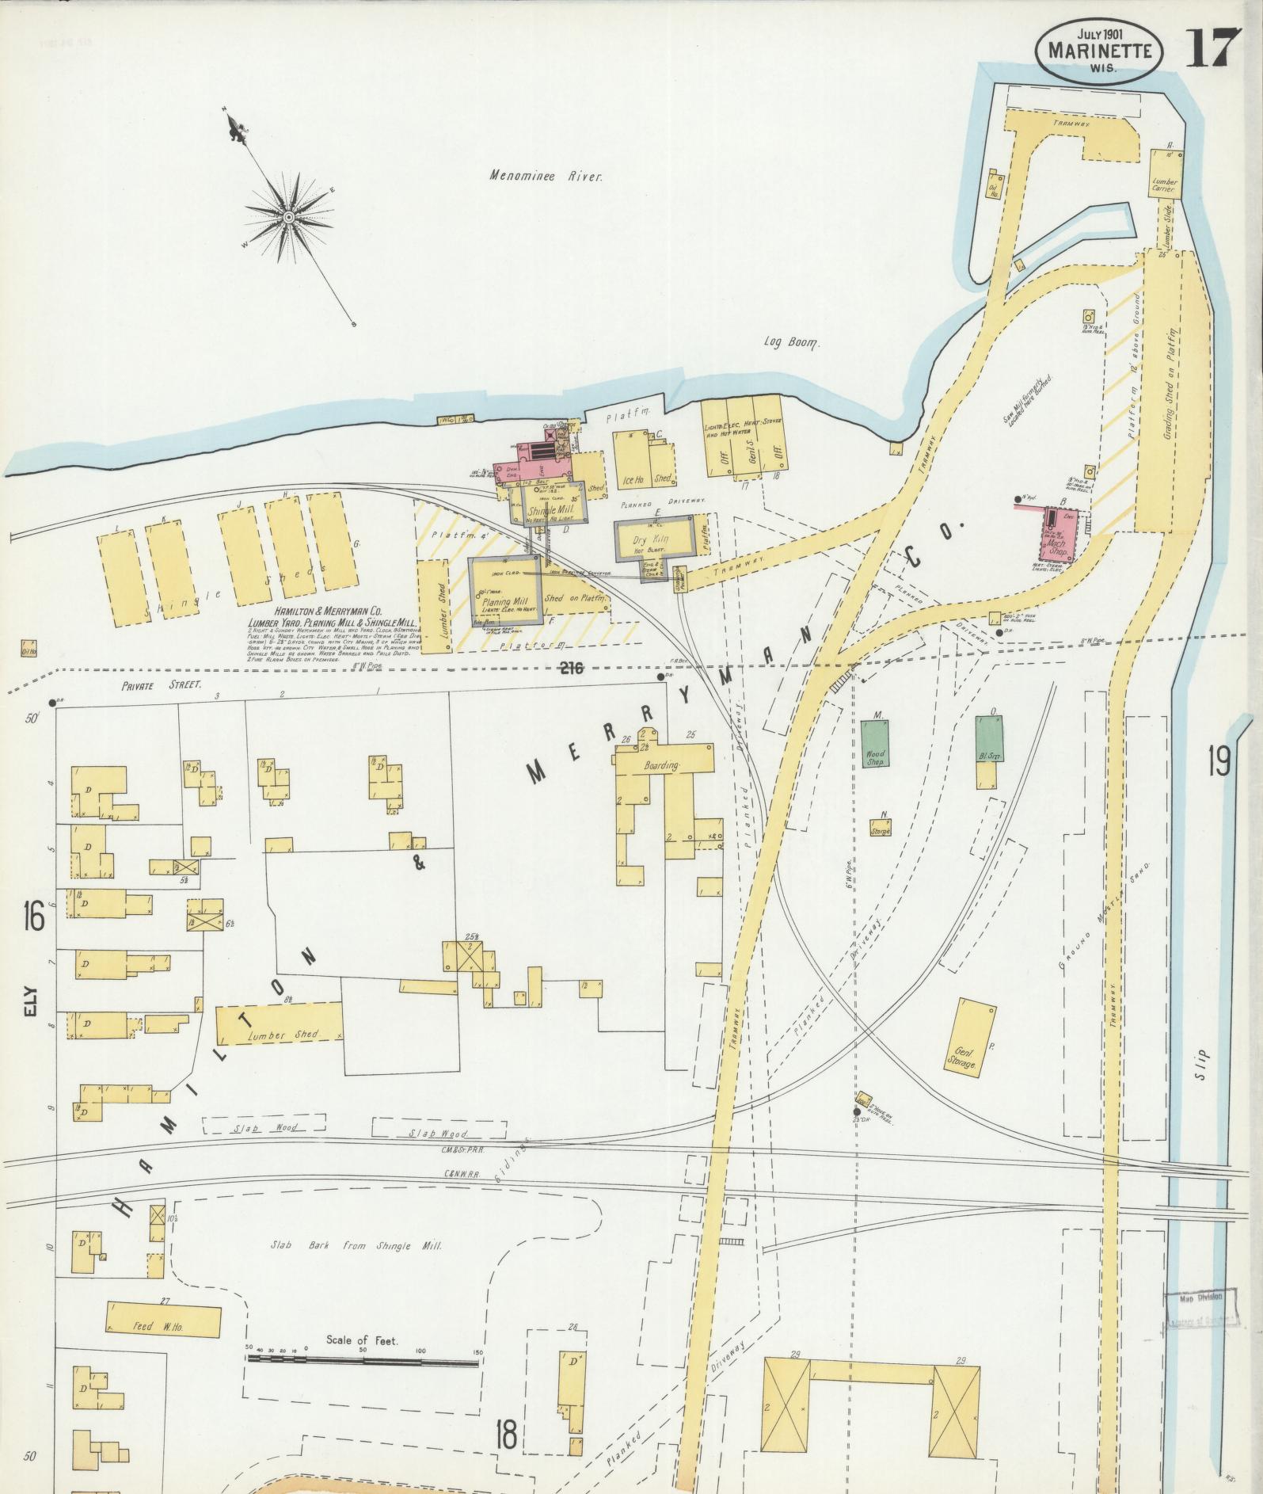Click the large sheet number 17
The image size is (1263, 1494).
1211,48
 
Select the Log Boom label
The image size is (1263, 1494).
792,343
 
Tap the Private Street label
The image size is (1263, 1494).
162,688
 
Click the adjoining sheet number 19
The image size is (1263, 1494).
1218,763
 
